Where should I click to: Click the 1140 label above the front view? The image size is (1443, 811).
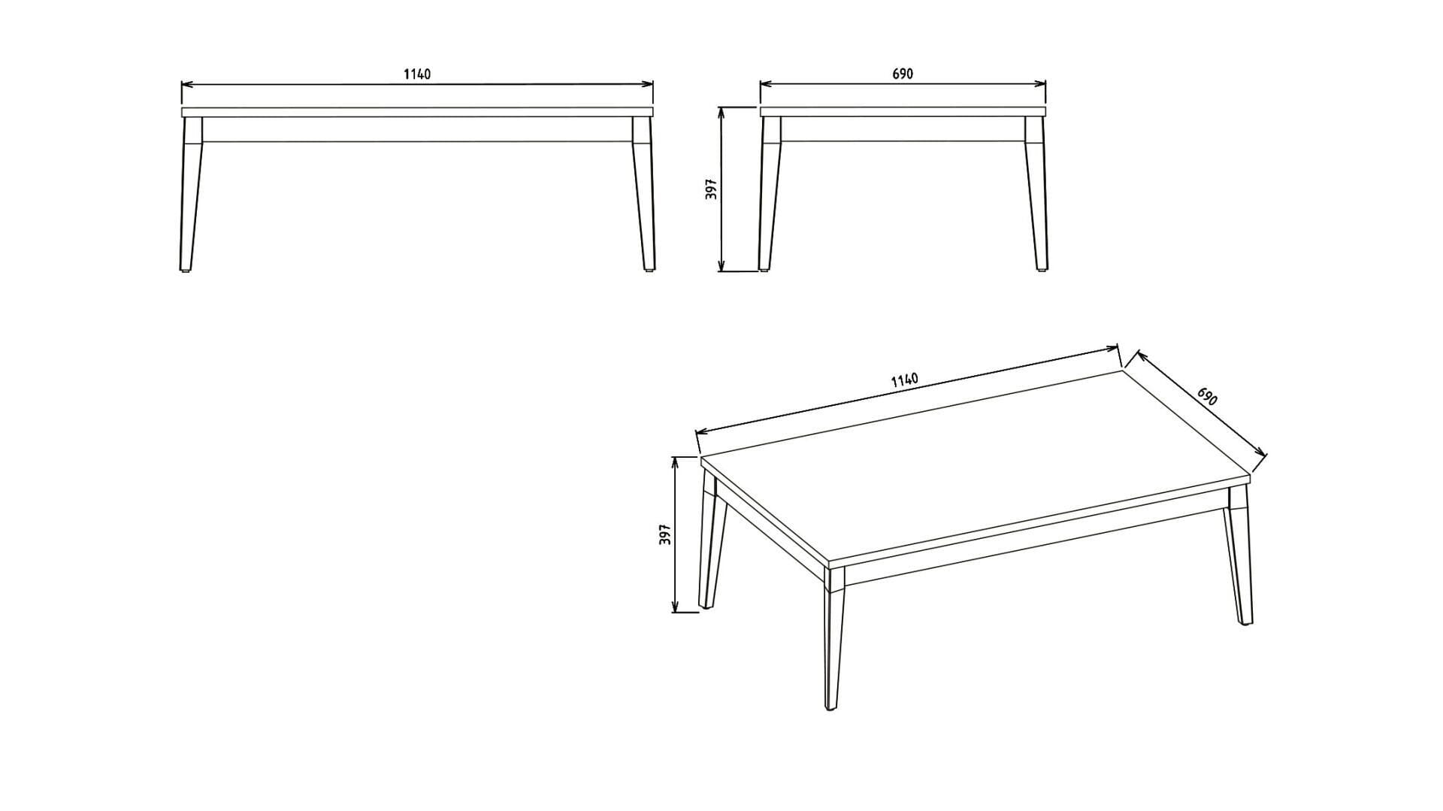(417, 74)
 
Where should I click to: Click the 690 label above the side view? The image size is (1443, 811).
(903, 74)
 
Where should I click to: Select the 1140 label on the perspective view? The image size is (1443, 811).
(905, 380)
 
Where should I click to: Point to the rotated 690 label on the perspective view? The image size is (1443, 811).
(1207, 396)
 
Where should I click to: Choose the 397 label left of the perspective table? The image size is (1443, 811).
(665, 534)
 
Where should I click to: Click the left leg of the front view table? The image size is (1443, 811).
(191, 194)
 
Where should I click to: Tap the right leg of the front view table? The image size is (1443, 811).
(644, 194)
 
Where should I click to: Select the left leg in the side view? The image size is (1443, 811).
(770, 194)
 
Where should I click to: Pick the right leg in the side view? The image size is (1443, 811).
(1036, 194)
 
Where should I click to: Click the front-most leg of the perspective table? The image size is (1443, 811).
(833, 639)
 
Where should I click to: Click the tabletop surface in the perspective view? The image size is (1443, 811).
(976, 465)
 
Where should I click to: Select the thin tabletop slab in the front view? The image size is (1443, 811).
(417, 112)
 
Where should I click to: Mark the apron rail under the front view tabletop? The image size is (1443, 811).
(417, 129)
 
